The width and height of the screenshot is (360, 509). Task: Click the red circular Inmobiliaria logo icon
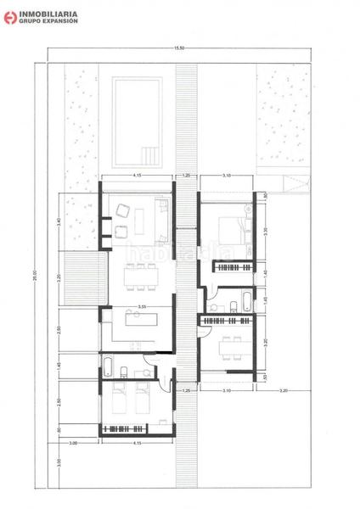pos(11,16)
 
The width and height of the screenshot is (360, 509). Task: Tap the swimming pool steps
pos(149,155)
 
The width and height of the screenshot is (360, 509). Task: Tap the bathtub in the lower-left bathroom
pos(112,366)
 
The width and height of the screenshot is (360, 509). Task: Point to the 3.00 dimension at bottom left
pos(73,443)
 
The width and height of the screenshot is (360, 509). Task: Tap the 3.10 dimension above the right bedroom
pos(227,176)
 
